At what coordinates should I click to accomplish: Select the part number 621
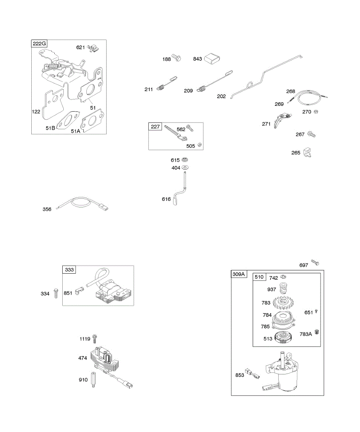coord(81,48)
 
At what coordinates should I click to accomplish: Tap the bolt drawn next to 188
coord(177,58)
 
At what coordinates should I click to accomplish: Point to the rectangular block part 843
coord(212,59)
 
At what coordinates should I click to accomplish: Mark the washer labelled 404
coord(185,167)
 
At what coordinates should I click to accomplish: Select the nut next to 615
coord(185,159)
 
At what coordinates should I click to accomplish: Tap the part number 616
coord(166,199)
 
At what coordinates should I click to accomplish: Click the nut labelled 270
coord(316,112)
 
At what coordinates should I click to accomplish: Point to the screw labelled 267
coord(311,134)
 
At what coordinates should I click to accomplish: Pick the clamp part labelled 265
coord(308,152)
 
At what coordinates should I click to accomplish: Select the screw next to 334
coord(55,293)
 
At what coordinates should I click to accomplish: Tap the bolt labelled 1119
coord(95,338)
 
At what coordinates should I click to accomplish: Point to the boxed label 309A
coord(239,274)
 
